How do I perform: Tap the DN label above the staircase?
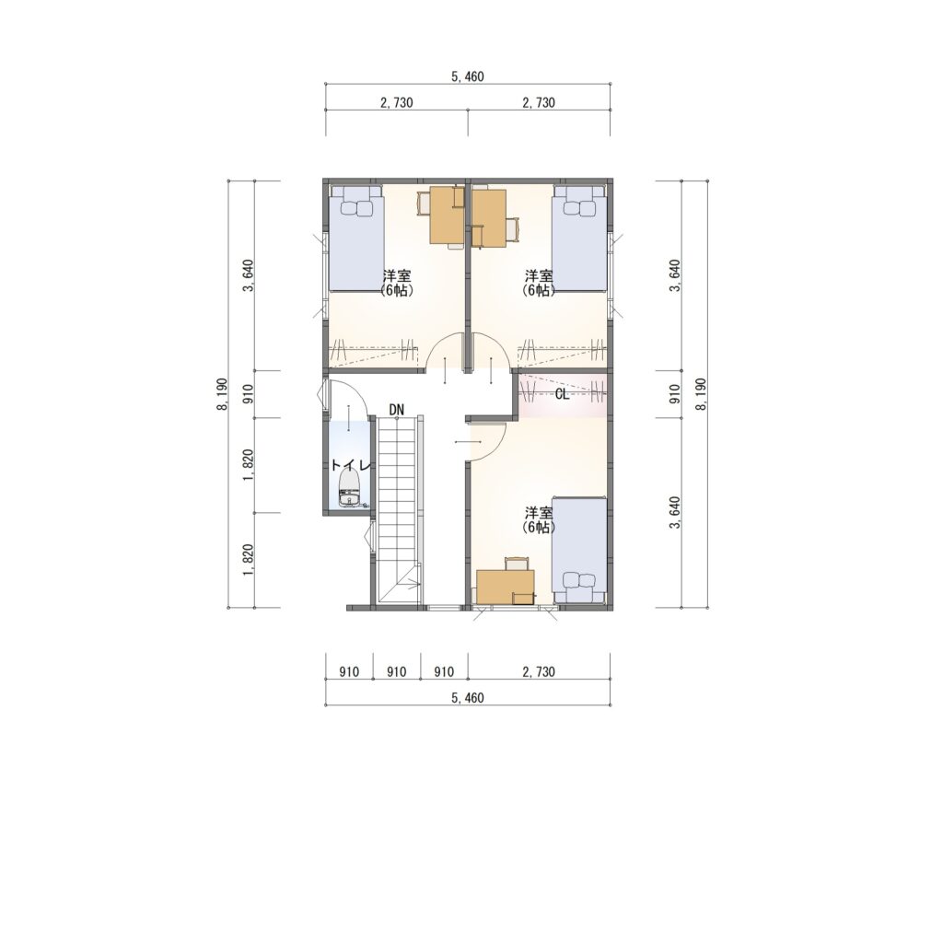click(396, 410)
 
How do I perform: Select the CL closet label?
click(563, 394)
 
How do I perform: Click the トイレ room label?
click(353, 465)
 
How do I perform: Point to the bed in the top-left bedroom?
click(356, 239)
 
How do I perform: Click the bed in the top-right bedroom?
click(580, 239)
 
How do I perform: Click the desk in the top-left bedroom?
click(447, 215)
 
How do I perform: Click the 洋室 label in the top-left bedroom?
click(397, 276)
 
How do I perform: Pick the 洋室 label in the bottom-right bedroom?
click(539, 513)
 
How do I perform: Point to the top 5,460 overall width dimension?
click(467, 76)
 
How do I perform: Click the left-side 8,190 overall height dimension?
click(223, 394)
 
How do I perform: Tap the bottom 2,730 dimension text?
click(538, 671)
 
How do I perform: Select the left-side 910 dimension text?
click(249, 394)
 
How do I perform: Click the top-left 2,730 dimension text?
click(396, 102)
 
